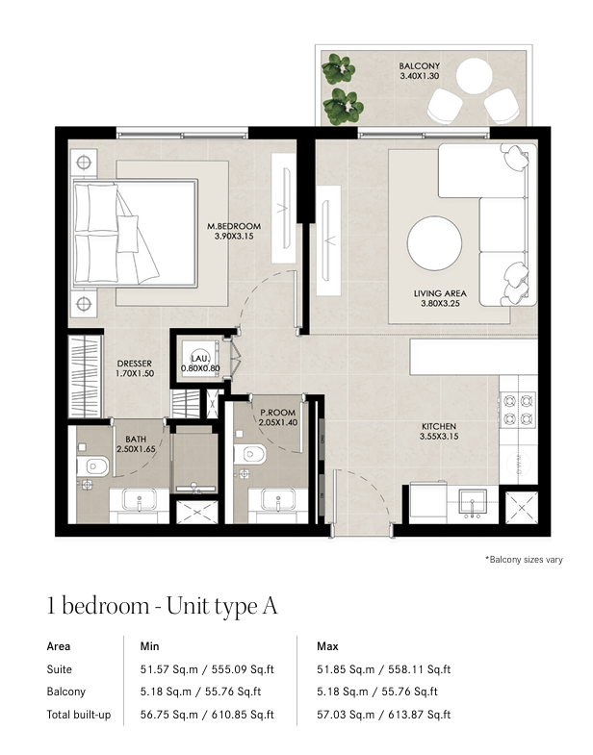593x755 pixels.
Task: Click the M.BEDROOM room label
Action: coord(234,226)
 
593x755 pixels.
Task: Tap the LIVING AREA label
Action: coord(440,293)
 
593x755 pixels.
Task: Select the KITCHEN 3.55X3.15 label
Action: coord(439,432)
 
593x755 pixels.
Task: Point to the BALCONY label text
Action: coord(420,66)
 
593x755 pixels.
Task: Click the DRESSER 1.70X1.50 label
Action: coord(135,368)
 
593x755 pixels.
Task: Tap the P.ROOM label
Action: coord(277,413)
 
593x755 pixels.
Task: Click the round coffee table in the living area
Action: coord(434,243)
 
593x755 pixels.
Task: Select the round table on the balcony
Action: coord(474,76)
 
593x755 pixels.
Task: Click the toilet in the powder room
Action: coord(249,454)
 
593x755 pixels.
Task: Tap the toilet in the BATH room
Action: coord(92,466)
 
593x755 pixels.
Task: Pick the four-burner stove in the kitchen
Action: coord(518,410)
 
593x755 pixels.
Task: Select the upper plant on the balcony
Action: coord(339,69)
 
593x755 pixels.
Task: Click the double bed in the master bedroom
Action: coord(135,234)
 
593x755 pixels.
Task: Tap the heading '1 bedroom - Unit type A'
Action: coord(162,606)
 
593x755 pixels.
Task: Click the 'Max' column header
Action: coord(327,646)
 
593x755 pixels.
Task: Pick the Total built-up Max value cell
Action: coord(384,715)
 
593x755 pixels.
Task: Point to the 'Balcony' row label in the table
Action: coord(66,692)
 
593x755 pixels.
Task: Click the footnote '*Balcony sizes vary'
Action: coord(524,560)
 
